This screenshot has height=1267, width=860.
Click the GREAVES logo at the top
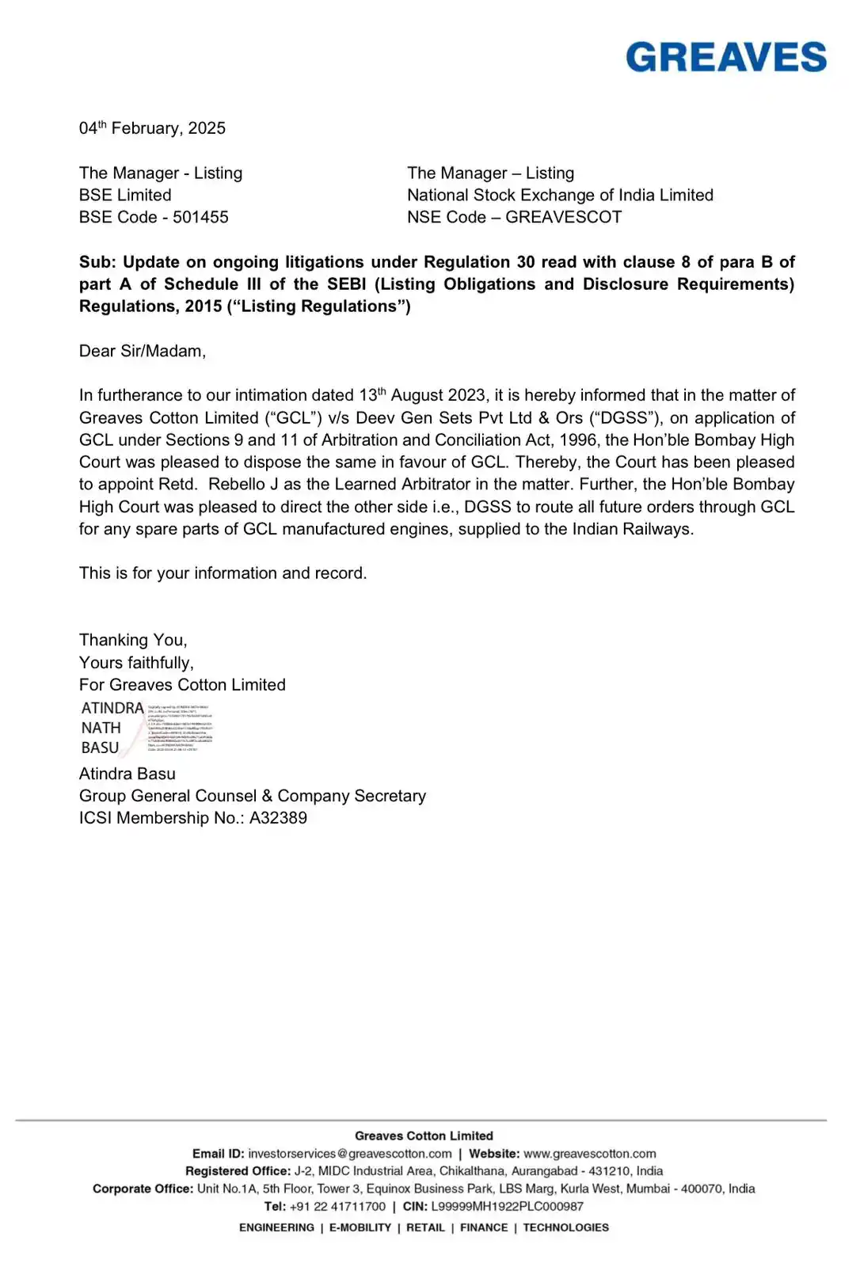click(726, 58)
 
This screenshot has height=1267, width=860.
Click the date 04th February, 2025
click(152, 128)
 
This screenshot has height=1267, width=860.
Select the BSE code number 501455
click(200, 217)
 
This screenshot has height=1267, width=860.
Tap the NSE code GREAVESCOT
click(564, 217)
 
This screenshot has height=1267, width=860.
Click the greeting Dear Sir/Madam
click(143, 351)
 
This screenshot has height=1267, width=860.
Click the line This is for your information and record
click(223, 573)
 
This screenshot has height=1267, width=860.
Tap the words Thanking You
click(133, 640)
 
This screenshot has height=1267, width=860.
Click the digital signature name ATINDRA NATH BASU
click(112, 728)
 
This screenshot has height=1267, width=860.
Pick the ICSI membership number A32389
click(278, 818)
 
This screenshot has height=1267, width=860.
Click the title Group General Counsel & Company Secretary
click(253, 796)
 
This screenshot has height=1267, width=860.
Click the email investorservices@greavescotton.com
click(350, 1154)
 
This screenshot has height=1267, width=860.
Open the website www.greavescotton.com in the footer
click(590, 1154)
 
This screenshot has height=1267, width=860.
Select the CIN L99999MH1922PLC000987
click(507, 1207)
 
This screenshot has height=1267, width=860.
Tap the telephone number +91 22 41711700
click(337, 1207)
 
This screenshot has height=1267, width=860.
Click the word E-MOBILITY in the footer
click(360, 1227)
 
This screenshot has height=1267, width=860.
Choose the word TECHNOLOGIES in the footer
click(566, 1227)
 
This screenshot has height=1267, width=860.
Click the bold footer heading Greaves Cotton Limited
click(424, 1136)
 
